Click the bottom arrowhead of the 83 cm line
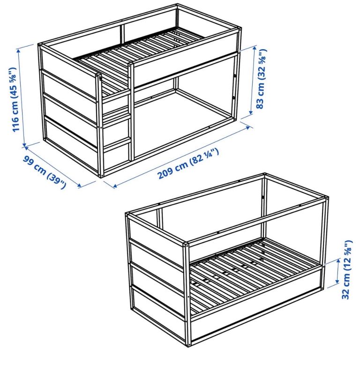click(251, 112)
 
